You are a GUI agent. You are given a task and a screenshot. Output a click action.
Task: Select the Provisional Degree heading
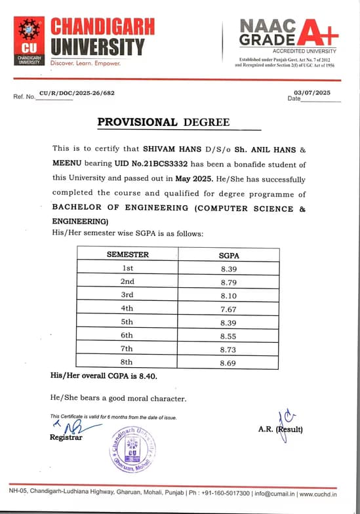coord(163,122)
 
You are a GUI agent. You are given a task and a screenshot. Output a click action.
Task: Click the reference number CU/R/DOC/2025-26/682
coord(77,93)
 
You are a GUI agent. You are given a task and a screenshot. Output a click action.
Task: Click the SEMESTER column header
coord(128,254)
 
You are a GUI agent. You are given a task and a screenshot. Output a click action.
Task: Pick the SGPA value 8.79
coord(228,282)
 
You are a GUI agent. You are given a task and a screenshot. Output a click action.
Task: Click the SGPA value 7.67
coord(228,309)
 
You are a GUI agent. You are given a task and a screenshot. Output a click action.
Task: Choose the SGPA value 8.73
coord(228,348)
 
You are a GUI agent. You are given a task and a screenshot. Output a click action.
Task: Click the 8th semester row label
coord(128,361)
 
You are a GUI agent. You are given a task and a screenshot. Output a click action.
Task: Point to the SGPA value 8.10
coord(228,295)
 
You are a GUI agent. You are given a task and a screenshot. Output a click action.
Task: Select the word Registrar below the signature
coord(66,438)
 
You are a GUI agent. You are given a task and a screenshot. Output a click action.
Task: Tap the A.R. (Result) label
coord(281,430)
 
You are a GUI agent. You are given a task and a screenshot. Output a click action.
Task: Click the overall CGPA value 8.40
coord(146,376)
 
